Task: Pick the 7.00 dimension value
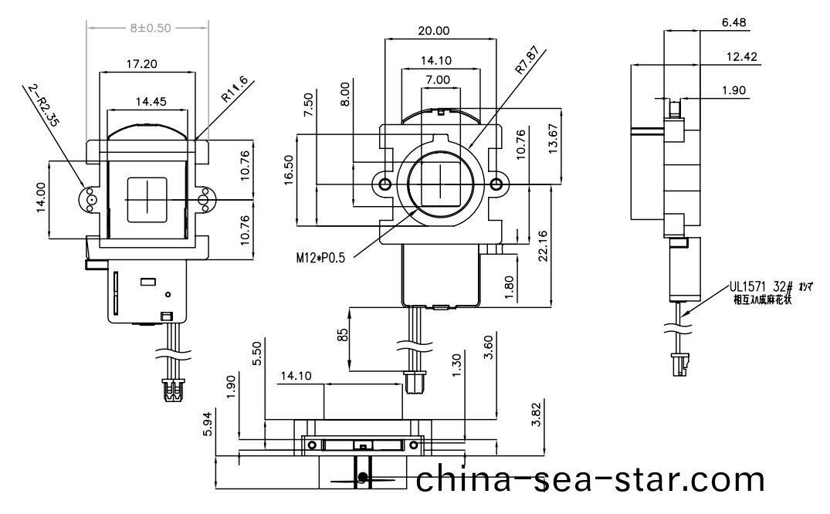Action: pos(437,79)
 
